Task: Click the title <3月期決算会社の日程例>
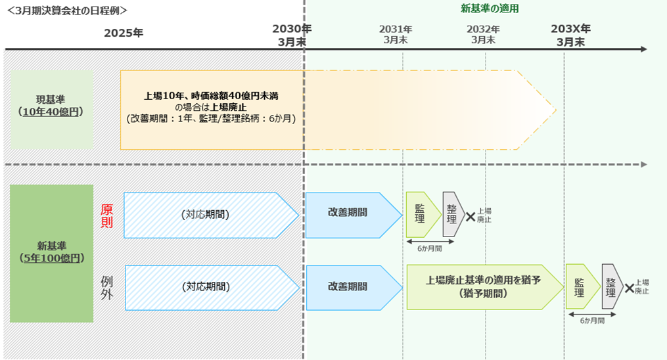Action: (x=67, y=11)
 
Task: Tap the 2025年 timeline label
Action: (x=123, y=33)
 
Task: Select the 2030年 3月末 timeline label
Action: (x=292, y=35)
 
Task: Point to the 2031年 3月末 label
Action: (x=396, y=35)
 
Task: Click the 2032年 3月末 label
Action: (x=483, y=35)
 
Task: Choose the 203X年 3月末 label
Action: (x=570, y=35)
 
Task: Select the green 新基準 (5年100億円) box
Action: (x=51, y=253)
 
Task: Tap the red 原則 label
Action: (x=106, y=215)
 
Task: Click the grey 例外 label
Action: (x=107, y=286)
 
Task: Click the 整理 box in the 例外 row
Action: (x=610, y=286)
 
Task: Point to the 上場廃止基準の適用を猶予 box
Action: (x=483, y=286)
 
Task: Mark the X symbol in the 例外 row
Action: (x=629, y=288)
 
